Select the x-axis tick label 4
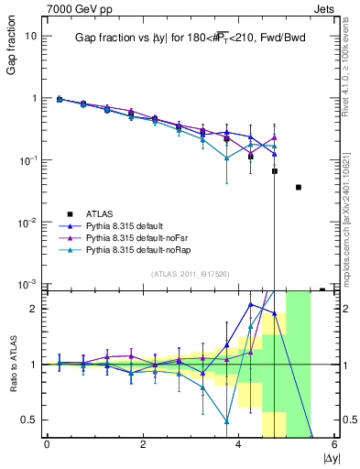[238, 444]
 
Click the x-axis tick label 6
[334, 444]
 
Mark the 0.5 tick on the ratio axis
[29, 420]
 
